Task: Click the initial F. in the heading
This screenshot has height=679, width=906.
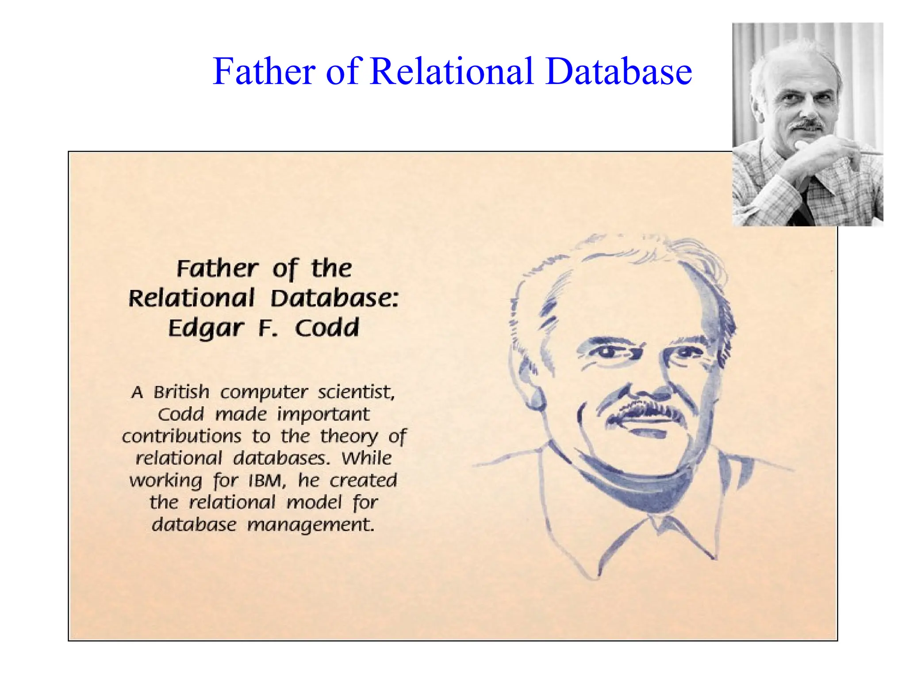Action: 268,328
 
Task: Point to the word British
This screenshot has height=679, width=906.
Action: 181,392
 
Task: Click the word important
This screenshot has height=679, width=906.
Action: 323,414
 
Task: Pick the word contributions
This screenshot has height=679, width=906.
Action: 182,436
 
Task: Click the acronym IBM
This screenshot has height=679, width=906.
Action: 267,481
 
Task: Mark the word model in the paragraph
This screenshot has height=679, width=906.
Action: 314,503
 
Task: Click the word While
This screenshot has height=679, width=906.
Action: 366,458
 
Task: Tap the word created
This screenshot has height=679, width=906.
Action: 363,481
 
